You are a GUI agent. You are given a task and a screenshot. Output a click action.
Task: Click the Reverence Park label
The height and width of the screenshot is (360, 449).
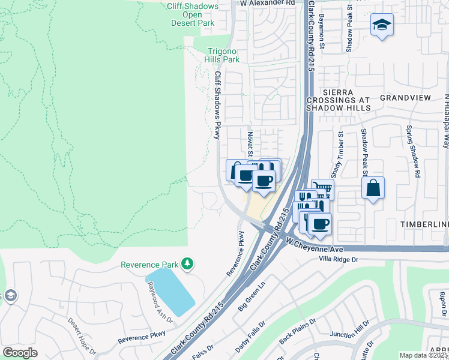click(x=150, y=264)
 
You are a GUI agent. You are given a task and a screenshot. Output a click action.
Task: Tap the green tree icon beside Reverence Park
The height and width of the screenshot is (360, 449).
click(x=188, y=263)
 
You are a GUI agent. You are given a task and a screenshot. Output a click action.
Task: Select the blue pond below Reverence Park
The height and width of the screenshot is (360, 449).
click(x=170, y=292)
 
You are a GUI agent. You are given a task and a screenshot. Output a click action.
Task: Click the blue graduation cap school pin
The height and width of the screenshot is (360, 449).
click(x=382, y=25)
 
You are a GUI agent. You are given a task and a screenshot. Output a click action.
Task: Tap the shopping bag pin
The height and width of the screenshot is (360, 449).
click(x=373, y=187)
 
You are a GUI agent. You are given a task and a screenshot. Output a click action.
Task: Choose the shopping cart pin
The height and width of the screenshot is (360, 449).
click(x=322, y=190)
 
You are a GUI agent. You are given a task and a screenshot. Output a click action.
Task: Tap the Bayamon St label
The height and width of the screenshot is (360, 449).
click(x=322, y=32)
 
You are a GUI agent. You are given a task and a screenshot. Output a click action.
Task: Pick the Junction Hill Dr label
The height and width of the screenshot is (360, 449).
click(x=349, y=333)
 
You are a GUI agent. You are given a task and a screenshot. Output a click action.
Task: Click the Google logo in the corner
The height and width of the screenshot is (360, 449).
click(x=19, y=352)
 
